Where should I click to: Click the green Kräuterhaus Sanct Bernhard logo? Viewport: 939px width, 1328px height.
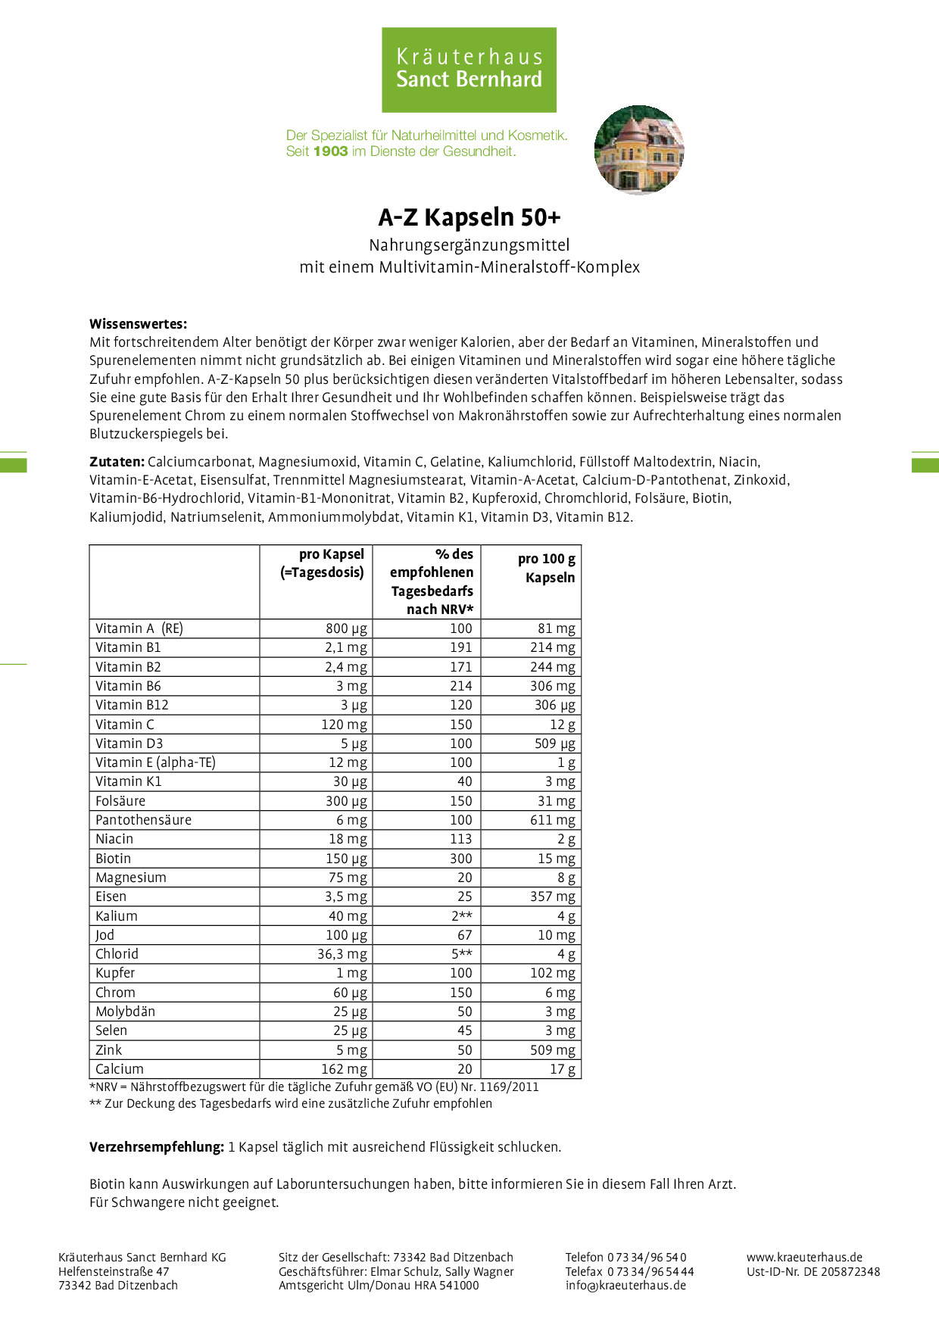click(x=469, y=70)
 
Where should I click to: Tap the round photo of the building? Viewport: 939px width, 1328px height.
click(x=639, y=150)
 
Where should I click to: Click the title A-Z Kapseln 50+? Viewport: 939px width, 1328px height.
click(x=469, y=217)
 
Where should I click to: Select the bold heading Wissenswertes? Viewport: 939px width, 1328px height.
click(x=138, y=324)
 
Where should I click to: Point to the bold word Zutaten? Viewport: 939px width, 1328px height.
click(x=117, y=462)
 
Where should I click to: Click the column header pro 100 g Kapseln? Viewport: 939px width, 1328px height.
click(x=546, y=568)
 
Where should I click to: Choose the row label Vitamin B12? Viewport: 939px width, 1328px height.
click(x=132, y=705)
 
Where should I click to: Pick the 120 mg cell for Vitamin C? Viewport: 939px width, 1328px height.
click(x=344, y=725)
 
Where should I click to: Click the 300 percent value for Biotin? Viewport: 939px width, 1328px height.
click(x=460, y=859)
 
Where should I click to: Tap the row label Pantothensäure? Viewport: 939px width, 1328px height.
click(x=143, y=820)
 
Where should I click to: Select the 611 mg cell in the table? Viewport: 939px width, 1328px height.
click(x=552, y=820)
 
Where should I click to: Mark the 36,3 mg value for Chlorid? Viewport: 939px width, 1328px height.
click(x=342, y=954)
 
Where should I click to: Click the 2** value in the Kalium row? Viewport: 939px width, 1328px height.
click(x=462, y=916)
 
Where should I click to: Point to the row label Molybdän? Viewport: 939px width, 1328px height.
click(x=125, y=1012)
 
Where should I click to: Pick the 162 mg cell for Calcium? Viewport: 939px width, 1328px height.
click(x=344, y=1069)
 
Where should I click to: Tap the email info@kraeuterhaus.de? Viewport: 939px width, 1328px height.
click(x=625, y=1285)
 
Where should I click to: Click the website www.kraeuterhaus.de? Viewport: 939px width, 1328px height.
click(x=804, y=1257)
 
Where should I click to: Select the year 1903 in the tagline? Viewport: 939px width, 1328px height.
click(x=330, y=151)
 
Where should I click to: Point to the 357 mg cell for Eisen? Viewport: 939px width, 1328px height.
click(x=552, y=896)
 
